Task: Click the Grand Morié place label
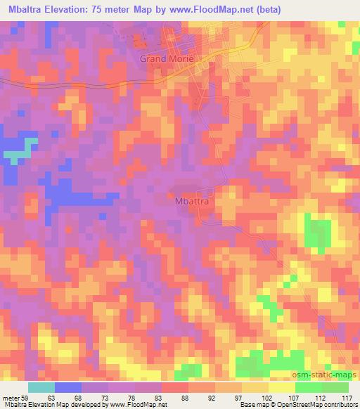coord(165,60)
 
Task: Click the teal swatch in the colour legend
coord(41,387)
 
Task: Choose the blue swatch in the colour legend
coord(67,387)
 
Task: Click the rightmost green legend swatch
coord(335,387)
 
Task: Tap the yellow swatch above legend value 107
coord(281,387)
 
